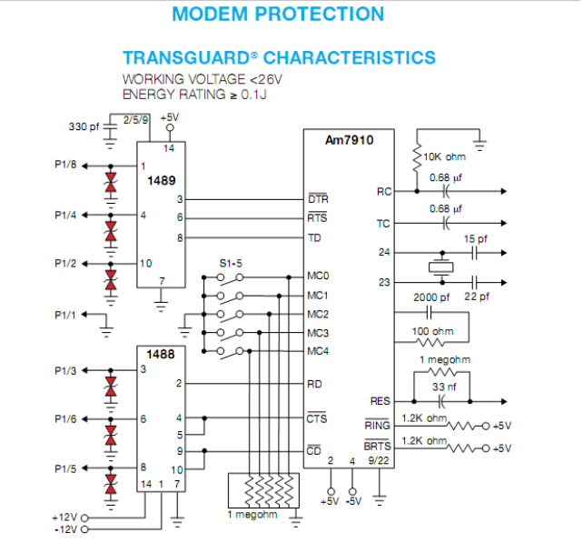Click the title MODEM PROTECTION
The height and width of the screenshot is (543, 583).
pos(278,15)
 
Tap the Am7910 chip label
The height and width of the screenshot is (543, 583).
pos(349,140)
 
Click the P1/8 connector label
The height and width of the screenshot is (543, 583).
pos(65,166)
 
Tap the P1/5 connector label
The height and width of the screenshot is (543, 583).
pos(65,468)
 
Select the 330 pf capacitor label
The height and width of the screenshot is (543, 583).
pos(84,126)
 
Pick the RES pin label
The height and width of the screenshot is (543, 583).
pos(380,400)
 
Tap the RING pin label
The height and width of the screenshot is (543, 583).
pos(377,425)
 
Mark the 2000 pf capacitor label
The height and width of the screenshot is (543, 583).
pos(431,297)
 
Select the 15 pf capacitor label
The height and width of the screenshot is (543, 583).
pos(476,239)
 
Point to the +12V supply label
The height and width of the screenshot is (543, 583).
pos(64,517)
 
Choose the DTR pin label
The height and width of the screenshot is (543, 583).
pos(317,198)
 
